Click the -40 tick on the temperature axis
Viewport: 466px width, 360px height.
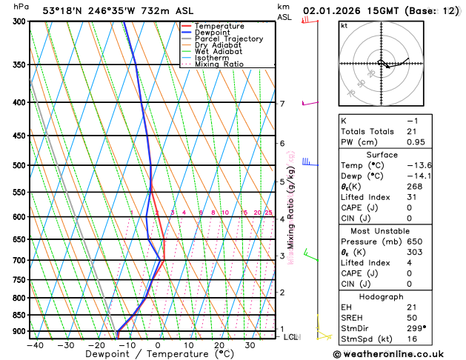point(34,345)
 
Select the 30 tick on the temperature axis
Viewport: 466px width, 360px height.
point(250,345)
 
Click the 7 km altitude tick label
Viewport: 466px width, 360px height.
point(282,104)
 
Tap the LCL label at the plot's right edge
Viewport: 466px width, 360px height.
point(291,337)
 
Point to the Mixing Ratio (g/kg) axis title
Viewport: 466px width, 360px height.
point(291,207)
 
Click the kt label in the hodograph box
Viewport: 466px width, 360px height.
point(344,26)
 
